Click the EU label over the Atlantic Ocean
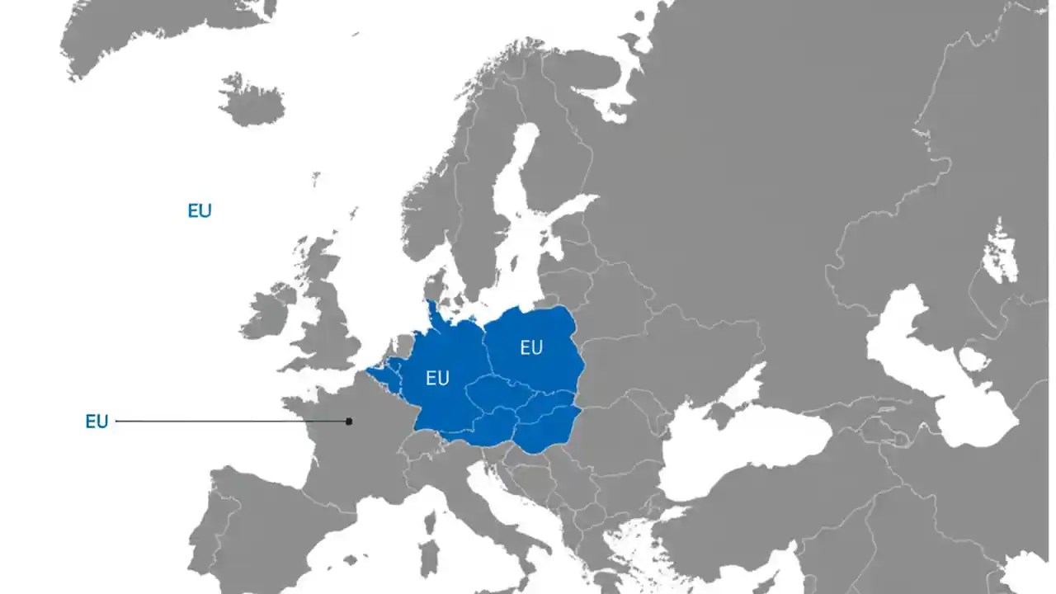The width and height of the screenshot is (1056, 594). point(200,210)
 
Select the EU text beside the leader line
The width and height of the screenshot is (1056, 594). point(97,422)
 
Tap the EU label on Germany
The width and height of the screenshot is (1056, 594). point(437,379)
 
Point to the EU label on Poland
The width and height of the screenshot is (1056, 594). point(531,348)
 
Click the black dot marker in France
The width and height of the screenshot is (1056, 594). point(349,422)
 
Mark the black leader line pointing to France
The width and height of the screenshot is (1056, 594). point(231,422)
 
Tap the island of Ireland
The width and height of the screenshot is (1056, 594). point(266,311)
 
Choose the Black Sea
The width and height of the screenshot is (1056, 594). point(742,450)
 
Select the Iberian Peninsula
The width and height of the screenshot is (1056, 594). point(256,528)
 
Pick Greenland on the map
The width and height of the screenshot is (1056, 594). point(165,33)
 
